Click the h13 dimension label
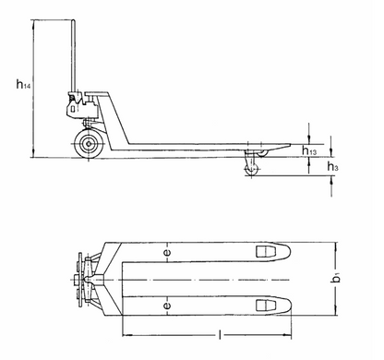[311, 150]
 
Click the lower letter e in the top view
[166, 304]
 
